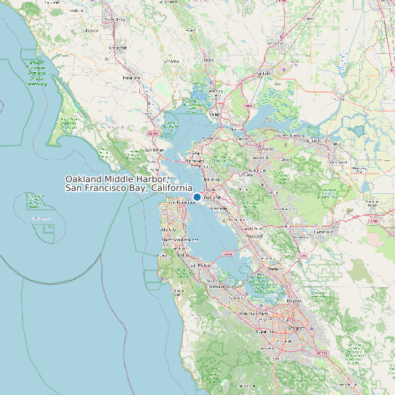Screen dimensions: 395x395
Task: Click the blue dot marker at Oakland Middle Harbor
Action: click(197, 197)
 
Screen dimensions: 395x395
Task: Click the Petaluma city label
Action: click(131, 77)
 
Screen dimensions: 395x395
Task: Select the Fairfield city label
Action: click(263, 74)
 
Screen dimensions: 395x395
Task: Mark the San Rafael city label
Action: click(152, 150)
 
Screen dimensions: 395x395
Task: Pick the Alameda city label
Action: click(219, 208)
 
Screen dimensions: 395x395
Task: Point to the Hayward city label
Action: click(254, 236)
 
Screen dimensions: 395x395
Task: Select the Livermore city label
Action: click(321, 232)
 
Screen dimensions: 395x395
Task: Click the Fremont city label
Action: click(273, 268)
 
